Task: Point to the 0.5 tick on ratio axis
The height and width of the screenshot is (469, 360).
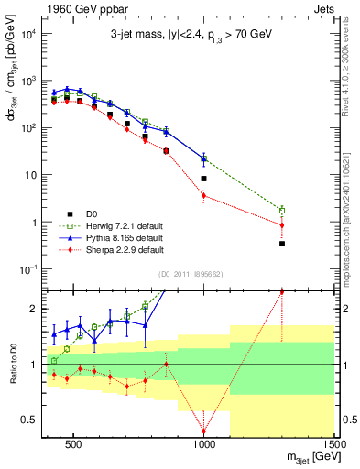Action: (29, 420)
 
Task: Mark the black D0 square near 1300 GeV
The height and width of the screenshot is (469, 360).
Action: (282, 244)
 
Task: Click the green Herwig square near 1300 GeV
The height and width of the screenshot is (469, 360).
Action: (282, 211)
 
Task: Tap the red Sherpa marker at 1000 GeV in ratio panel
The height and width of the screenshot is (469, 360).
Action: (204, 431)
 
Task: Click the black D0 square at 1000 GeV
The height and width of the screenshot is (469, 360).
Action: (204, 179)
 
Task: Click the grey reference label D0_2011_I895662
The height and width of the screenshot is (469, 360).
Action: (190, 273)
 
